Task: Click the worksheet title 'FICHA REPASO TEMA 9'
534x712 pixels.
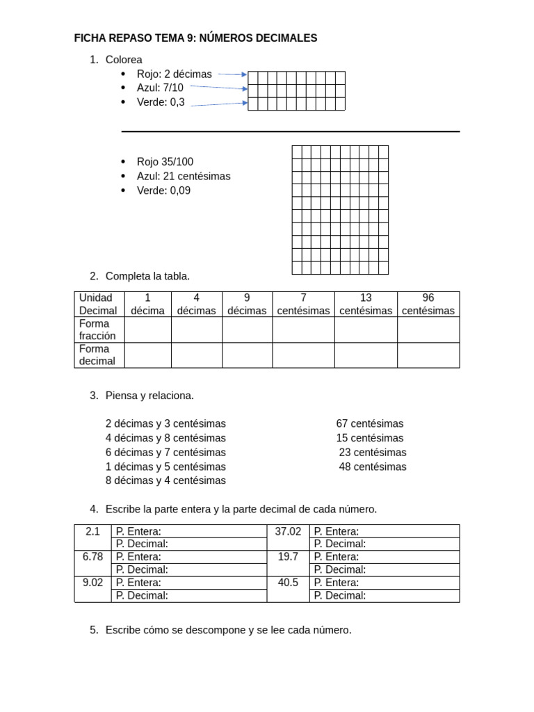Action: [x=195, y=38]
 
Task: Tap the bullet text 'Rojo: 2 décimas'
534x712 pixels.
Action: [x=174, y=74]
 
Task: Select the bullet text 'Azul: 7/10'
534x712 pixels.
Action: [x=160, y=88]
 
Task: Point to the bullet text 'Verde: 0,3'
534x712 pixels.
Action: [x=161, y=102]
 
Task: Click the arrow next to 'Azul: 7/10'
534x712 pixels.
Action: [x=218, y=88]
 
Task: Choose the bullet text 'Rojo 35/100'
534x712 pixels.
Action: [x=165, y=162]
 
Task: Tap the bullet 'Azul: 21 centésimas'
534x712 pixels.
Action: [x=184, y=176]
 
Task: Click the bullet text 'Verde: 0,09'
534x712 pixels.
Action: [x=163, y=191]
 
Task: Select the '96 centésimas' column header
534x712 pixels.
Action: [x=428, y=304]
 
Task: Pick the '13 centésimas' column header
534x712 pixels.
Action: [x=366, y=304]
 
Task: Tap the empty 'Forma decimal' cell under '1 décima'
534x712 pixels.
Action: [x=147, y=355]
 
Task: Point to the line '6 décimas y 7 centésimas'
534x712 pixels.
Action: [x=165, y=452]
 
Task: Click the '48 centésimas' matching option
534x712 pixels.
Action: [x=373, y=467]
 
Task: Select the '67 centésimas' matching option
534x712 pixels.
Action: [x=369, y=423]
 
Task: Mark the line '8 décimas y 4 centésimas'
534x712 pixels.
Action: [x=165, y=480]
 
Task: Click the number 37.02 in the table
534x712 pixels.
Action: [x=288, y=531]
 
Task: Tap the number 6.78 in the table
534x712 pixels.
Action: [x=92, y=556]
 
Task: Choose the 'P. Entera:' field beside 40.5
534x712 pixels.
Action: [x=384, y=583]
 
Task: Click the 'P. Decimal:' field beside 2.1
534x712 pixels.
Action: [x=188, y=544]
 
